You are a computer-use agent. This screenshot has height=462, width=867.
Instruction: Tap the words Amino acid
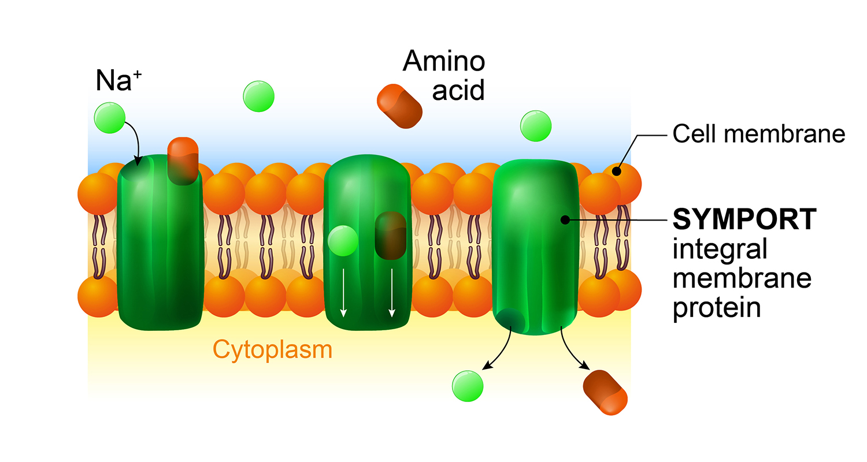coord(444,76)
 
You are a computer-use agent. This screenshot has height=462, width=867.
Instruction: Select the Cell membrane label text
coord(759,135)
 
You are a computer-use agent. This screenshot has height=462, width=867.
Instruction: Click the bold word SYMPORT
coord(745,219)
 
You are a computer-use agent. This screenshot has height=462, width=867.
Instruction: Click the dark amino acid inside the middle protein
coord(391,235)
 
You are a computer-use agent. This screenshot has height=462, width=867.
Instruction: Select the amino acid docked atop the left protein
coord(183,161)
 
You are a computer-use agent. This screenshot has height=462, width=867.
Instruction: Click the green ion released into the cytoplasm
coord(468,385)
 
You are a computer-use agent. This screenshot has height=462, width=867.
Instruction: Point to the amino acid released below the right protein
coord(605,392)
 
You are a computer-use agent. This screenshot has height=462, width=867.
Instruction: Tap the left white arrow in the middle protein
coord(343,292)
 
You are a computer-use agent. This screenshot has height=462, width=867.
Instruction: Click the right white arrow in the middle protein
coord(392,292)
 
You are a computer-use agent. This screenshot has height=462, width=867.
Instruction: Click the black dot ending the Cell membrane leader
coord(617,171)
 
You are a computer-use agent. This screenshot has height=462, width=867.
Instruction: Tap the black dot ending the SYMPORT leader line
coord(565,219)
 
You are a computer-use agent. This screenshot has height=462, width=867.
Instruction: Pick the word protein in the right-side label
coord(716,306)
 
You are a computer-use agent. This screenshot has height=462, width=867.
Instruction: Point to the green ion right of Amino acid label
coord(536,126)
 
